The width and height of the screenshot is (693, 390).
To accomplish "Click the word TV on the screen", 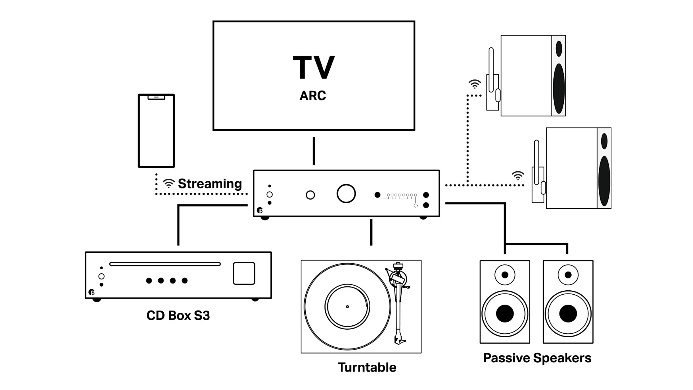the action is [314, 68].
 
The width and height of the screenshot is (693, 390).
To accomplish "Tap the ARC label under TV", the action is [313, 95].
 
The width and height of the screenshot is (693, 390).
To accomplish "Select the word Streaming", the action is [210, 184].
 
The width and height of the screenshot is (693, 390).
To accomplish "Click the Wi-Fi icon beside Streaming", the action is [168, 183].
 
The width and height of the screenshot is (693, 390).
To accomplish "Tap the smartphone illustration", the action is [156, 131].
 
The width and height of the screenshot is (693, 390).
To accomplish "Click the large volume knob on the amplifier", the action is [346, 194].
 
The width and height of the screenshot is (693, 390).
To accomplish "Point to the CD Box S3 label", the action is [178, 316].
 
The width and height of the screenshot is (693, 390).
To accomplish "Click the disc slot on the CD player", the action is [165, 264].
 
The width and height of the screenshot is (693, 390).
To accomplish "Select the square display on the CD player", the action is [244, 273].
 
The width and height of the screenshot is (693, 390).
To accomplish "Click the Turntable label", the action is [367, 367].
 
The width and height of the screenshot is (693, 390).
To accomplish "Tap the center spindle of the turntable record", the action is [347, 307].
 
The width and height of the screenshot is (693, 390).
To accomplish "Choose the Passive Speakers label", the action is [537, 358].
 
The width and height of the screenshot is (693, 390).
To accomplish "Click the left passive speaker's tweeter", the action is [505, 275].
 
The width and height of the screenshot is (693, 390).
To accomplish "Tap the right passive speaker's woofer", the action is [568, 313].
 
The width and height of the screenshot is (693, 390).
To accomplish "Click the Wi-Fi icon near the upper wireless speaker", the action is [475, 84].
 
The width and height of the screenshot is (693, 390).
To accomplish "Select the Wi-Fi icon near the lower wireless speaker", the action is [518, 176].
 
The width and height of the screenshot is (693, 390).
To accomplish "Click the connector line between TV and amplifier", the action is [314, 151].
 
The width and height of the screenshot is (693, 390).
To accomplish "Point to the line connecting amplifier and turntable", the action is [371, 232].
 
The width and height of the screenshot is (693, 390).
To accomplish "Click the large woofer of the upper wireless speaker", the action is [559, 88].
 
